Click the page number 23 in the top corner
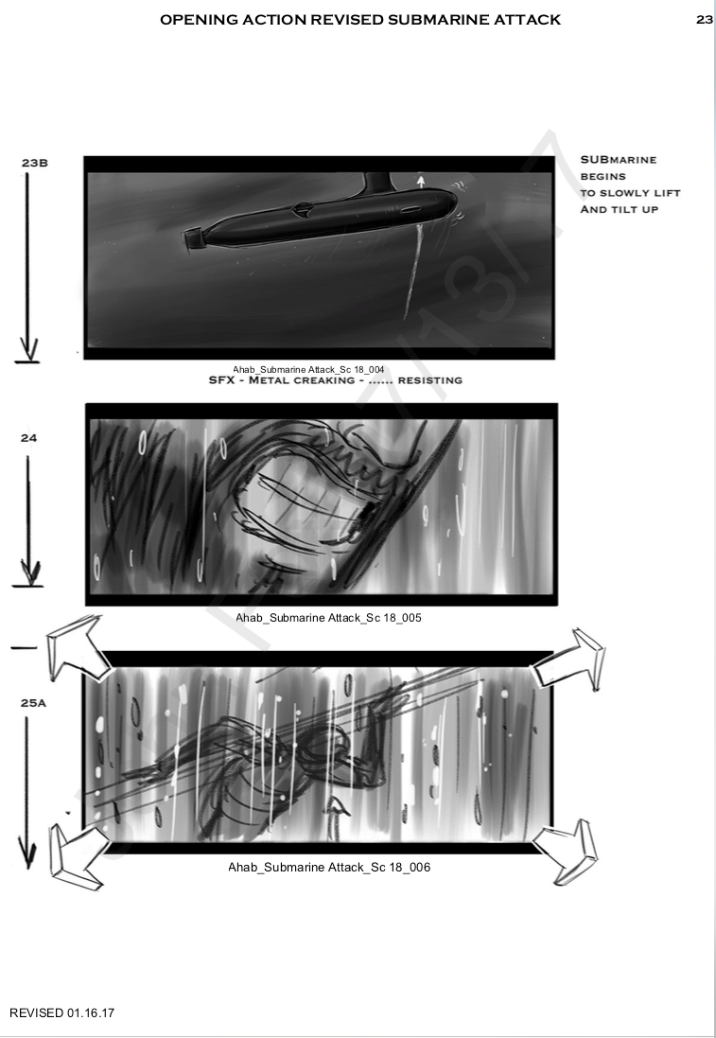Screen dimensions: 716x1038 tap(704, 20)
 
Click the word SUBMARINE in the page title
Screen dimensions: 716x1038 tap(428, 20)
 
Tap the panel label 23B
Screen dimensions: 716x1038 tap(34, 163)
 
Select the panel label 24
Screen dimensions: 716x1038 tap(28, 437)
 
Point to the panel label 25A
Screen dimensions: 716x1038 tap(33, 703)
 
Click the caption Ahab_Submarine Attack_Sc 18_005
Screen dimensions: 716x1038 tap(328, 618)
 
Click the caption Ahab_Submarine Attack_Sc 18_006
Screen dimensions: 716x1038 tap(329, 867)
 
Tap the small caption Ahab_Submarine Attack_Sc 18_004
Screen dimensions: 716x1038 tap(307, 369)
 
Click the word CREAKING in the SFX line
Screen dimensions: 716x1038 tap(324, 380)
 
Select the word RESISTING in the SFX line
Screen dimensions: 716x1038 tap(430, 380)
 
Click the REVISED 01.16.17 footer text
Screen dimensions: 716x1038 tap(61, 1012)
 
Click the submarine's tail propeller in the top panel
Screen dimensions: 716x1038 tap(192, 239)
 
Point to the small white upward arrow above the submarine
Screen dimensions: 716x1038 tap(420, 181)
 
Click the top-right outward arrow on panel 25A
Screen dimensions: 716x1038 tap(570, 659)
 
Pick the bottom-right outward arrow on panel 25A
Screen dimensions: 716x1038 tap(567, 852)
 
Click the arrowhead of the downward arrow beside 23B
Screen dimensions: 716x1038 tap(27, 349)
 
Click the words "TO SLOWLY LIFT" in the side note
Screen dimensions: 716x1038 tap(630, 193)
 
